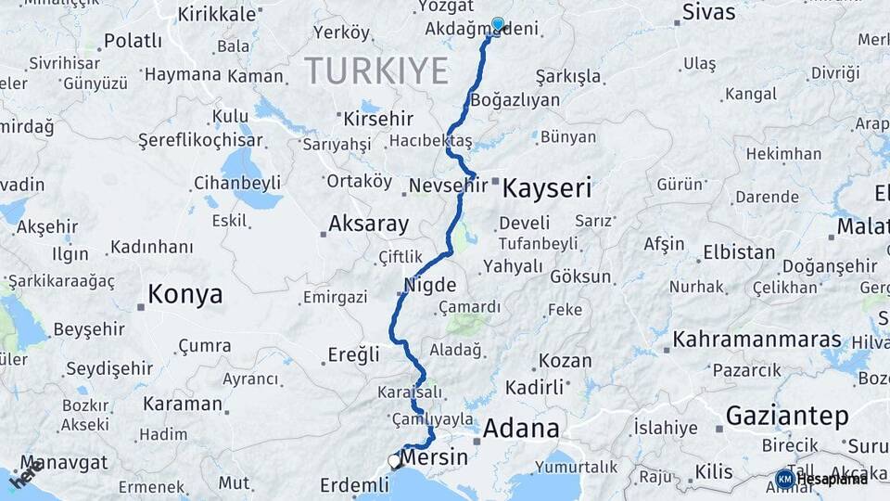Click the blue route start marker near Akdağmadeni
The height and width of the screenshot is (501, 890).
click(498, 24)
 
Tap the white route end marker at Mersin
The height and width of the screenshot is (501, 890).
click(394, 461)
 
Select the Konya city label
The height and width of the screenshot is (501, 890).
click(185, 295)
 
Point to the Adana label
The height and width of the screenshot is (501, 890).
click(521, 429)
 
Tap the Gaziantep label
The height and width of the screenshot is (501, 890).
click(787, 416)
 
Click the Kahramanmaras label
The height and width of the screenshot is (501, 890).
click(757, 339)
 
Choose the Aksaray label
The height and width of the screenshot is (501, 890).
click(368, 224)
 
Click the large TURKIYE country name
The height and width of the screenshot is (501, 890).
click(376, 71)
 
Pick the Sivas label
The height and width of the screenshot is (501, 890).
click(708, 12)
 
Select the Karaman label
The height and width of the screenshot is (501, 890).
click(183, 404)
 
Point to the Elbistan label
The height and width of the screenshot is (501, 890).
click(739, 252)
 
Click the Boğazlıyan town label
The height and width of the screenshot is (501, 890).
click(515, 100)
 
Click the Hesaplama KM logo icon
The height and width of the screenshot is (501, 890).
click(785, 479)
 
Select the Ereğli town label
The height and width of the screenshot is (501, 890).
click(354, 353)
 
